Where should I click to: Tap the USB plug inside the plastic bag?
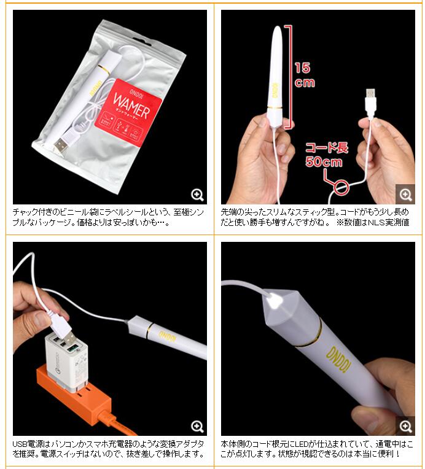pos(61,145)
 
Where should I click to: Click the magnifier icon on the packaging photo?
pos(197,195)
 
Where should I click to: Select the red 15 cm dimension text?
pos(305,75)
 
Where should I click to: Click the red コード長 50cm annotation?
pos(326,155)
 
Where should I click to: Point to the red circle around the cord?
pos(341,188)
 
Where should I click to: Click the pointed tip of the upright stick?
pos(278,26)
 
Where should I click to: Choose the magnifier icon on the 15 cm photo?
pos(405,195)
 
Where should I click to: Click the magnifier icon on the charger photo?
pos(197,427)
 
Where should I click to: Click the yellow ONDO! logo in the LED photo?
pos(339,360)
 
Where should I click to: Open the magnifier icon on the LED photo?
pos(405,426)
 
